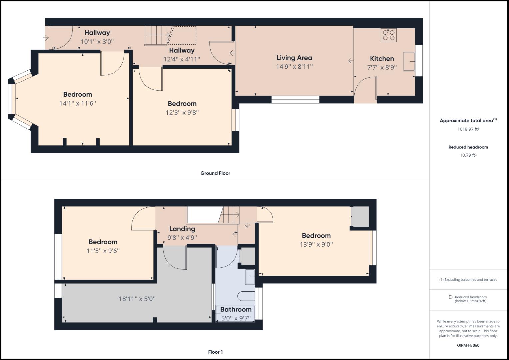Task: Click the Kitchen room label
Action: coord(382,59)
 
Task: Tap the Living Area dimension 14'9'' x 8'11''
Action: coord(294,67)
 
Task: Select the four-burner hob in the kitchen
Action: coord(389,35)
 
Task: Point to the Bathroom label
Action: coord(236,310)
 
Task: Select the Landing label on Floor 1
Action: coord(182,229)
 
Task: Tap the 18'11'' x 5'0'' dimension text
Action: coord(137,299)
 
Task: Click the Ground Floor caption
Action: coord(215,173)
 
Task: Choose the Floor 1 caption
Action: coord(215,352)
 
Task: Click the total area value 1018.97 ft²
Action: coord(468,129)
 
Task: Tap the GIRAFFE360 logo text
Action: coord(468,345)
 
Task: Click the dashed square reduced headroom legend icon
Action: coord(450,297)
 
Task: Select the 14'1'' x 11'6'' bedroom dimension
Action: coord(77,104)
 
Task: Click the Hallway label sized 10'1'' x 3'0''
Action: coord(97,33)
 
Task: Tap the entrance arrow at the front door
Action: coord(46,38)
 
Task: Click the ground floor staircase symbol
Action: coord(156,36)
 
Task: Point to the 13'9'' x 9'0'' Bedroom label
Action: coord(316,236)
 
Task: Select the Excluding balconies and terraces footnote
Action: coord(468,280)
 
